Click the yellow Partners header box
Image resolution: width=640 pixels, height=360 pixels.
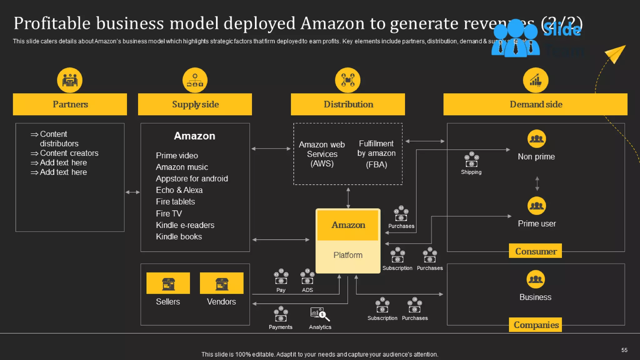70,104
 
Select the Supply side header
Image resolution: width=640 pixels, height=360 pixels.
195,104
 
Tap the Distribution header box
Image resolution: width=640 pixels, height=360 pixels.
348,104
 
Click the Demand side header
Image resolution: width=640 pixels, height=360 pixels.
535,104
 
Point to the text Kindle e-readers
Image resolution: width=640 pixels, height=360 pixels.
185,225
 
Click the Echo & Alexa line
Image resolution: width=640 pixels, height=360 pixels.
179,190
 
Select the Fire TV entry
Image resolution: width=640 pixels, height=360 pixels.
169,214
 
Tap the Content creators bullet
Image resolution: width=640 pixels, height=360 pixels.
69,153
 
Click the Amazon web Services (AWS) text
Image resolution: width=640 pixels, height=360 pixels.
322,154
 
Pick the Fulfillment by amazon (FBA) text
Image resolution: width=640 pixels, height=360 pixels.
376,154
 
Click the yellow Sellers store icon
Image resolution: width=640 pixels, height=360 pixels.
168,283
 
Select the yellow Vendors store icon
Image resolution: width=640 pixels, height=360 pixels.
222,283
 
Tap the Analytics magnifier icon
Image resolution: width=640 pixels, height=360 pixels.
320,314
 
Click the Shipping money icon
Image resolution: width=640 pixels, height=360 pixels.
471,160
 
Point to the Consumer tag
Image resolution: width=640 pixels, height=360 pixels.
535,251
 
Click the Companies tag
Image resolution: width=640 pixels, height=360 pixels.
535,325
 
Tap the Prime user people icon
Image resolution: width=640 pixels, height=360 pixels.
537,206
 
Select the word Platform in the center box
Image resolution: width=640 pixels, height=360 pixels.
348,255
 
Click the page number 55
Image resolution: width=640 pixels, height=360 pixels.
624,350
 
